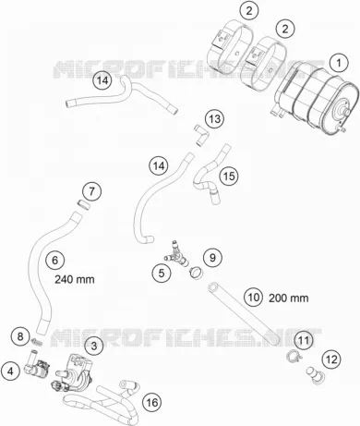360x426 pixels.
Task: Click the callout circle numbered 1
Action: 339,63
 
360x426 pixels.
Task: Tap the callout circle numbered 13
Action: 215,118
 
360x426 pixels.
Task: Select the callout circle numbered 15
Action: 229,176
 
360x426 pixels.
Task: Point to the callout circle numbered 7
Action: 91,191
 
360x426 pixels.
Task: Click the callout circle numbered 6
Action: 55,261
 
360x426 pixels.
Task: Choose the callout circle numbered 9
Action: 212,258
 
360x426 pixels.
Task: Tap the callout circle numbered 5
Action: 162,273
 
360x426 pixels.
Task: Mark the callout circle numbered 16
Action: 152,402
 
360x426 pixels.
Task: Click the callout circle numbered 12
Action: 331,359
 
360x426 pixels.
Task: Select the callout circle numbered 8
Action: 20,336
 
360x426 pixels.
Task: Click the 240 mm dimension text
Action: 75,279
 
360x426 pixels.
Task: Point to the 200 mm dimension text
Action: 288,298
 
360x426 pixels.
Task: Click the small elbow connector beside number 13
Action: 201,134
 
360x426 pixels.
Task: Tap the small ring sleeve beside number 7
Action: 83,204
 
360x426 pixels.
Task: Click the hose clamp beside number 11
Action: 293,357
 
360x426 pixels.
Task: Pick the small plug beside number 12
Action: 313,375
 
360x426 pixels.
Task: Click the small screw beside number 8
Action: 36,341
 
